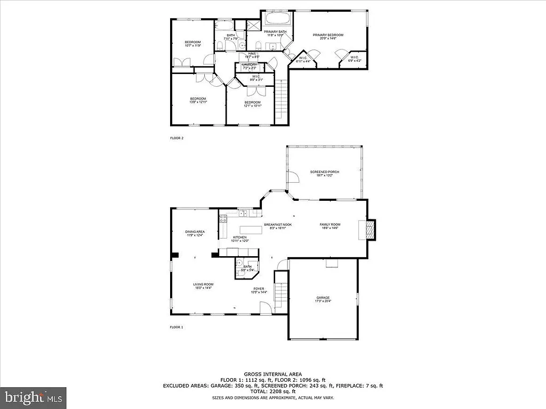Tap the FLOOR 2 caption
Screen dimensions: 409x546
[176, 138]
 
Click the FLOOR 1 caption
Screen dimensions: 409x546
[176, 327]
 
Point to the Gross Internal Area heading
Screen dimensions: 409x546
[272, 374]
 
